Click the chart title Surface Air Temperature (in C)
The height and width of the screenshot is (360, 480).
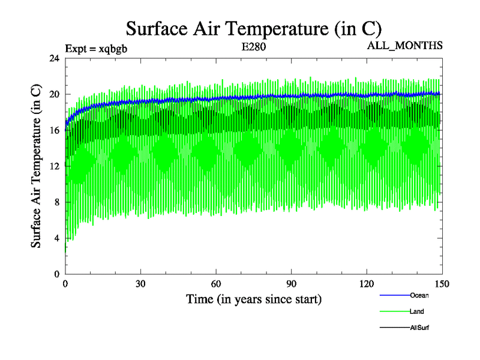click(253, 28)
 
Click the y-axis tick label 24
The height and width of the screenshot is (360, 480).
click(54, 58)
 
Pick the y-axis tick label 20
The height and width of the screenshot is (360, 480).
click(54, 94)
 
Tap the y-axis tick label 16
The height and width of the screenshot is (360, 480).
click(54, 130)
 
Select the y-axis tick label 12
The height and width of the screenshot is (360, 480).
click(54, 166)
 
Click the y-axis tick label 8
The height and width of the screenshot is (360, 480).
click(56, 202)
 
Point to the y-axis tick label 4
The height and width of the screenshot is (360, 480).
click(56, 238)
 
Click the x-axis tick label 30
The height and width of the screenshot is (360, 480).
click(140, 284)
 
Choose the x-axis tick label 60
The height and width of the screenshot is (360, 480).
click(216, 284)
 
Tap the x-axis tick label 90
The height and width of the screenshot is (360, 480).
click(292, 284)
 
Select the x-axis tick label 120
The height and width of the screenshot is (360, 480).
click(367, 284)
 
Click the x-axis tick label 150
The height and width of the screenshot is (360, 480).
click(442, 284)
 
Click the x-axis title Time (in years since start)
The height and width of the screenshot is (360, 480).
click(253, 298)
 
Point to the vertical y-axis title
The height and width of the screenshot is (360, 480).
click(36, 166)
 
